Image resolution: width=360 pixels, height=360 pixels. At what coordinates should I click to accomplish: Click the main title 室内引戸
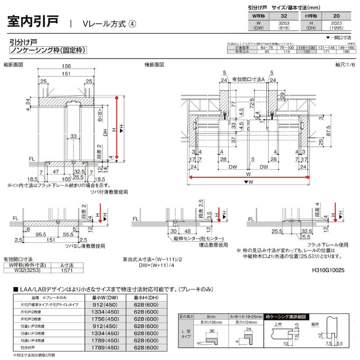(33, 22)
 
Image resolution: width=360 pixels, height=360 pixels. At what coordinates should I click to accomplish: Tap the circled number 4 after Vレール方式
(132, 23)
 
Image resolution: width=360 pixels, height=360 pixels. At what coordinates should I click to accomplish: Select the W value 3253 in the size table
(283, 22)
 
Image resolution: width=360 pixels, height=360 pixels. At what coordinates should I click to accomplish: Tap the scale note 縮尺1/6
(344, 65)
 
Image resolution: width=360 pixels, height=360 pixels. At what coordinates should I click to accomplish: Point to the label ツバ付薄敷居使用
(108, 191)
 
